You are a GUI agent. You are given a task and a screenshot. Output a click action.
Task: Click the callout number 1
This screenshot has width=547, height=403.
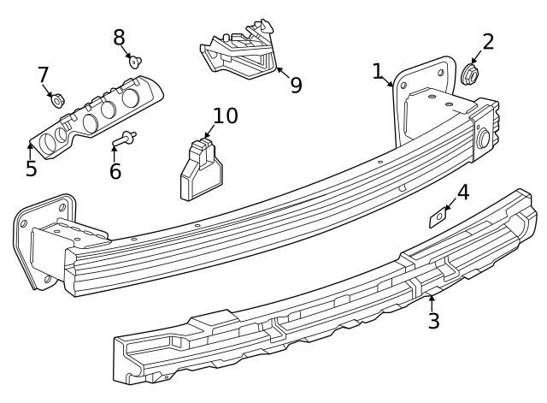[378, 71]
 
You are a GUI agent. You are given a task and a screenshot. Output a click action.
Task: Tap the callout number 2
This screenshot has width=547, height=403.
[488, 42]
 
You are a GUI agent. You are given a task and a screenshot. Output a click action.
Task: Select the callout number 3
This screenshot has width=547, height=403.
[433, 322]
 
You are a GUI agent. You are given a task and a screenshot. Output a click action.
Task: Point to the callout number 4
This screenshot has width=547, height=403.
[462, 193]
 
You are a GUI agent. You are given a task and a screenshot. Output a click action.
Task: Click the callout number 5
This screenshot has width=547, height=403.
[31, 169]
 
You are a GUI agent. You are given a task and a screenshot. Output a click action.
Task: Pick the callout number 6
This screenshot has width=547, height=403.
[115, 171]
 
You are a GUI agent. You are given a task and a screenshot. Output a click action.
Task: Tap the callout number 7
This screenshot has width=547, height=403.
[43, 75]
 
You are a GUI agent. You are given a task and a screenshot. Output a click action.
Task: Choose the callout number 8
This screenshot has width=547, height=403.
[119, 37]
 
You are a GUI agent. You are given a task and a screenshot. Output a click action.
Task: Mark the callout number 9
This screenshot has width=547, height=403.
[296, 86]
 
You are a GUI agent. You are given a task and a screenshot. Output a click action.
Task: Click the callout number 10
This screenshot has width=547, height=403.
[225, 116]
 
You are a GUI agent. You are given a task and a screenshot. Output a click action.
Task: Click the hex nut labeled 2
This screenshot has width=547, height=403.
[469, 76]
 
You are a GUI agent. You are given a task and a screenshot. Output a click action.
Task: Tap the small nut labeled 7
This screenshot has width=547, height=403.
[57, 101]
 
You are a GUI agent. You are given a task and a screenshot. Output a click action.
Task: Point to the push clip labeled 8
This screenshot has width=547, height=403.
[135, 61]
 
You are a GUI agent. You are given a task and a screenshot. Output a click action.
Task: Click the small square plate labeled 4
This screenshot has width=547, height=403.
[438, 218]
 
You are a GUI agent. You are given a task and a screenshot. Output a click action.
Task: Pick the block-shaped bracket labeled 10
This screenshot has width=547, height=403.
[199, 171]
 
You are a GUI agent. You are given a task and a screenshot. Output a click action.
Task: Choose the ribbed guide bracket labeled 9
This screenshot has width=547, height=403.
[240, 52]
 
